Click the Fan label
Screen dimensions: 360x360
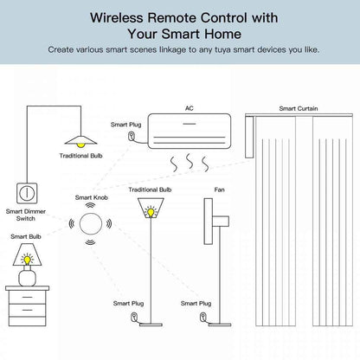(x=208, y=188)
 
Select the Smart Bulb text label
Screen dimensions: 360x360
(x=25, y=235)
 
